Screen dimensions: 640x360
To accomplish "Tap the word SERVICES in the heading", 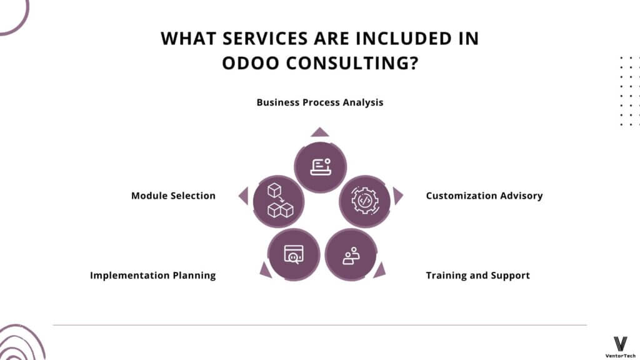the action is tap(265, 39).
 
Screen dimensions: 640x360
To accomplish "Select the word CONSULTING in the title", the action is tap(352, 63).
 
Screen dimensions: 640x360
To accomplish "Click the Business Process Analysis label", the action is tap(320, 102).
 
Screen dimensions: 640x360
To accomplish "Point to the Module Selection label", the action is tap(173, 196).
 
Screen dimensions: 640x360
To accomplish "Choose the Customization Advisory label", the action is tap(484, 196).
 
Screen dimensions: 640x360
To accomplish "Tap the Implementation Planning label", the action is tap(152, 276).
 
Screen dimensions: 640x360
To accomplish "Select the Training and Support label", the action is tap(478, 276).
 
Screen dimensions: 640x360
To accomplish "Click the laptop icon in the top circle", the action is tap(321, 167).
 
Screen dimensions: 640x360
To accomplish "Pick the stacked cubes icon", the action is tap(280, 201).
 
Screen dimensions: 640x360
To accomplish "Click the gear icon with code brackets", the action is tap(364, 201).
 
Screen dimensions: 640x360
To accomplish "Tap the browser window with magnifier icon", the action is tap(294, 254).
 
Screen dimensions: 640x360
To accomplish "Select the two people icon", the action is tap(351, 256).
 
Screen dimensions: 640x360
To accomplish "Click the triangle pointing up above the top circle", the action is tap(319, 132).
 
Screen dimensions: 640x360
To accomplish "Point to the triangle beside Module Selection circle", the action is tap(244, 196).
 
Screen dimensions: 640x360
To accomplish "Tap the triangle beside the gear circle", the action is tap(397, 196).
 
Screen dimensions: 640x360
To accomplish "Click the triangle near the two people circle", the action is tap(380, 271).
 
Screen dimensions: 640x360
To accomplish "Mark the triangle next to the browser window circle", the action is tap(265, 271).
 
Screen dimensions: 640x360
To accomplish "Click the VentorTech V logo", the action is tap(621, 344).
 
